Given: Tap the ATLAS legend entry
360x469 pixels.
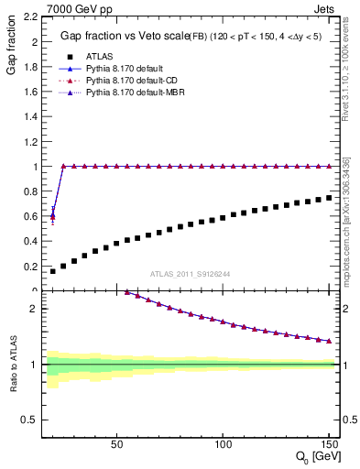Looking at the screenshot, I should tap(100, 57).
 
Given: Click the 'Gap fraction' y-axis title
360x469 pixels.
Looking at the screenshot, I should tap(10, 47).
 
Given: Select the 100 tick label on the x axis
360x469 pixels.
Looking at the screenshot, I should tap(223, 443).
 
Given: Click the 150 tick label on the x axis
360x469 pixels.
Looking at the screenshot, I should tap(329, 443).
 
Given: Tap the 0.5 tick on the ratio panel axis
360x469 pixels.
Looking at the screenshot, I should tap(30, 420).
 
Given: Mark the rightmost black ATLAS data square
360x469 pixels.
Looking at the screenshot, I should tap(329, 198).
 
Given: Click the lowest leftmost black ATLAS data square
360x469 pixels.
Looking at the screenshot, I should tap(52, 271).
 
